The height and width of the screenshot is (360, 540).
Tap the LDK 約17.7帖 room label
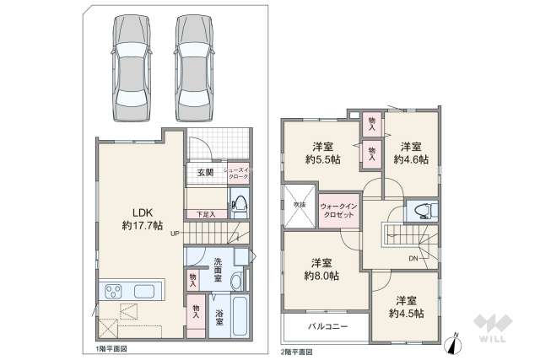134,218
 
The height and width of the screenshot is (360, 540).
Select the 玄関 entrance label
205,173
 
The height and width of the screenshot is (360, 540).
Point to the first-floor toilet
240,204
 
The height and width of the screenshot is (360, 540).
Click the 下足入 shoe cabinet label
206,214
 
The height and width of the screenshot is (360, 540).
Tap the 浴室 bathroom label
219,318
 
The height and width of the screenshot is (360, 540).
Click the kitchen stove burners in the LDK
115,292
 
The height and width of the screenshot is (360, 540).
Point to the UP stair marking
174,234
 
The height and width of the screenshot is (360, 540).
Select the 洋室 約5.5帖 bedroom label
324,151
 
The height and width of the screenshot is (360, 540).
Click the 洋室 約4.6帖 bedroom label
411,151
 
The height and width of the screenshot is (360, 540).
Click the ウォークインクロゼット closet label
340,209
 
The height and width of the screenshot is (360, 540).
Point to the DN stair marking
413,258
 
